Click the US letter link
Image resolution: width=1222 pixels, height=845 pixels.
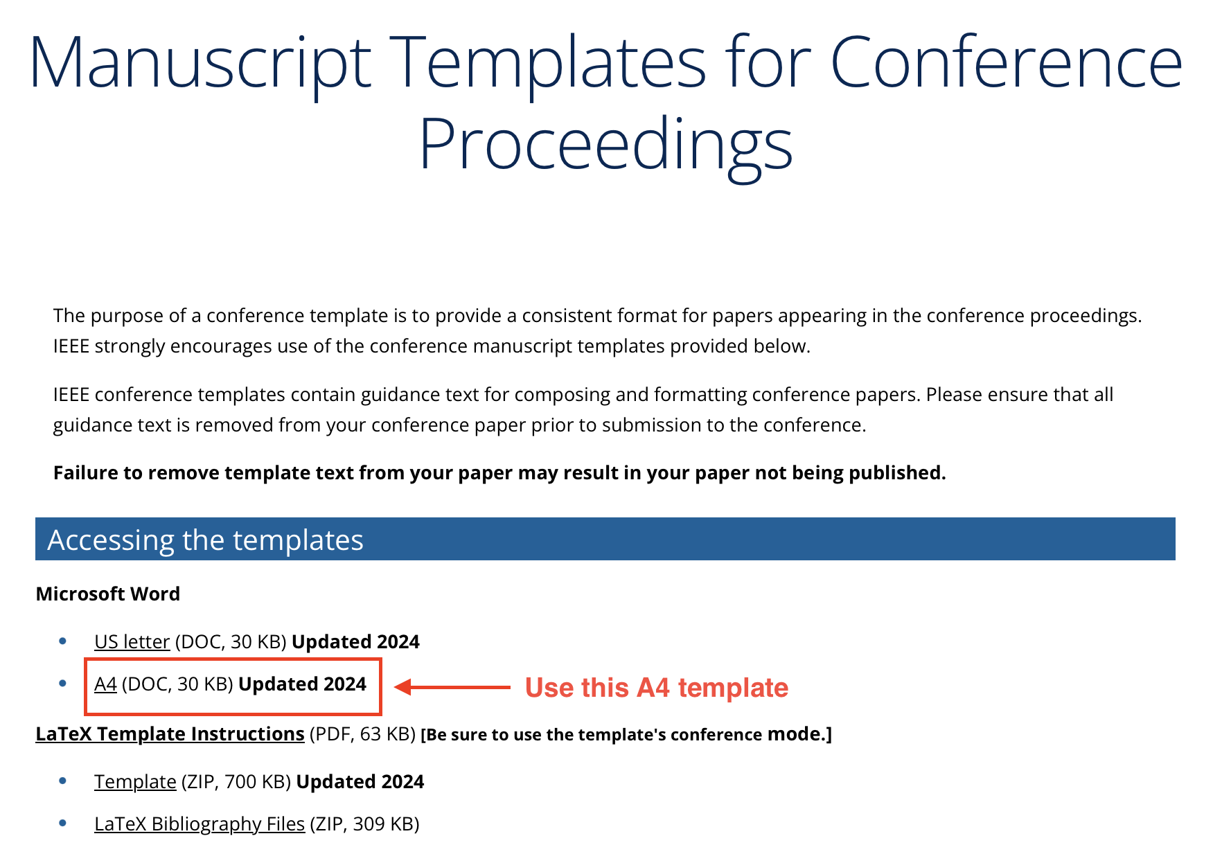click(132, 642)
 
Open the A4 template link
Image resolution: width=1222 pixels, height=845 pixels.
click(105, 684)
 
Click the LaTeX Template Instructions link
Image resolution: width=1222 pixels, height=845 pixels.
click(170, 733)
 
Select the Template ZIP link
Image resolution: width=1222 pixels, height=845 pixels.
click(135, 781)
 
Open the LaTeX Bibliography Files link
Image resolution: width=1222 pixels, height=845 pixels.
click(200, 824)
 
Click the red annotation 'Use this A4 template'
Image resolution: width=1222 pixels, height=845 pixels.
click(656, 688)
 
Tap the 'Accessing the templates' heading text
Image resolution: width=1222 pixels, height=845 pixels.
click(205, 540)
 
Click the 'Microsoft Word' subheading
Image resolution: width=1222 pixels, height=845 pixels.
click(108, 594)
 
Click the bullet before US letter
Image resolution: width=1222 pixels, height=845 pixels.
click(63, 641)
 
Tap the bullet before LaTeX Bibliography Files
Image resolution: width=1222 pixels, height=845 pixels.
click(63, 823)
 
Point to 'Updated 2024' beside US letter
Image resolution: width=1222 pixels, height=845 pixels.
click(355, 642)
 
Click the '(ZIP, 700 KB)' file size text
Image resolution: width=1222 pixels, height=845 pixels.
click(236, 781)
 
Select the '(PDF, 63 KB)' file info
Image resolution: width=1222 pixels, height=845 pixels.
click(362, 733)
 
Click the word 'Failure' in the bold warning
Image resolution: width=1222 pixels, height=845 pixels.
click(85, 472)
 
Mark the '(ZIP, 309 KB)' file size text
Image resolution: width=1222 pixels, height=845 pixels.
click(364, 824)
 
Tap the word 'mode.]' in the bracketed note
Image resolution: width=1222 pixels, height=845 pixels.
click(799, 733)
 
